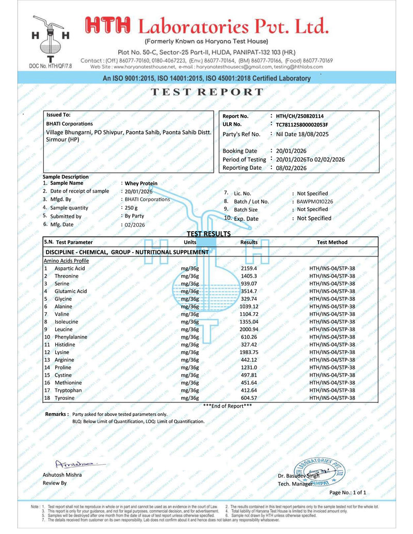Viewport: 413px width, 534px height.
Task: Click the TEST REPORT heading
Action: click(x=206, y=92)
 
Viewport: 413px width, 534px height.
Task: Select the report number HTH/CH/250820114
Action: click(x=300, y=116)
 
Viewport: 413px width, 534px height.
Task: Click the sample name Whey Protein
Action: click(x=141, y=183)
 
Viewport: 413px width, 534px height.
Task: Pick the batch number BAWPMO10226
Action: click(x=315, y=202)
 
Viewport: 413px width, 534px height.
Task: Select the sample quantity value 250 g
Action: click(x=131, y=207)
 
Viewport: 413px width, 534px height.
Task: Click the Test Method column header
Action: click(x=332, y=242)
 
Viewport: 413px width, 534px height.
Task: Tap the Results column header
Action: click(x=249, y=242)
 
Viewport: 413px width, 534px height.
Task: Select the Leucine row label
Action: click(x=65, y=329)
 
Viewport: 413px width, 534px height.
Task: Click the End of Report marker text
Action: click(x=227, y=406)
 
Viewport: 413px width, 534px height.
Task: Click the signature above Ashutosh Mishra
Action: click(x=73, y=464)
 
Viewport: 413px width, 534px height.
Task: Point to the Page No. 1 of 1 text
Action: click(x=348, y=492)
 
